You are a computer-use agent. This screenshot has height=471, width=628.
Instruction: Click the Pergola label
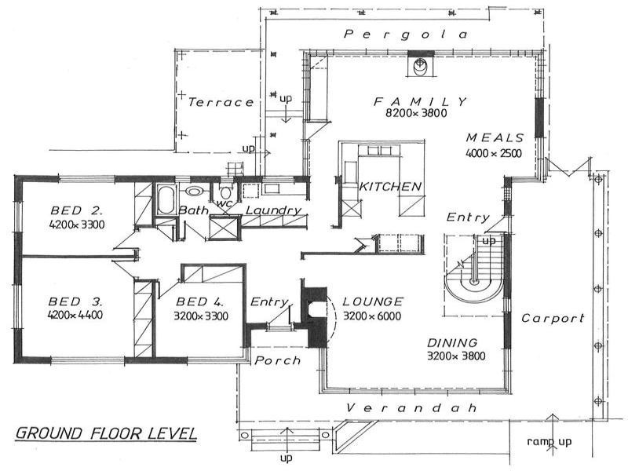(406, 35)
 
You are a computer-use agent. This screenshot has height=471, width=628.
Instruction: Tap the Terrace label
(221, 103)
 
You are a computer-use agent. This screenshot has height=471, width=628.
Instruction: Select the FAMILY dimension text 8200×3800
(416, 113)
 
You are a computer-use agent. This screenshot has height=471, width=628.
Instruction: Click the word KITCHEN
(390, 187)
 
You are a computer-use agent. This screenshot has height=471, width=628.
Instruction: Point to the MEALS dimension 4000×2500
(494, 153)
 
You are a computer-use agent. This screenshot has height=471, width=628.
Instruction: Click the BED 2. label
(77, 210)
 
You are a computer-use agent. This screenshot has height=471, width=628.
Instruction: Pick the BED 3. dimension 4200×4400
(75, 315)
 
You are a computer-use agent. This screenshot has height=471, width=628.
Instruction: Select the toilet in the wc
(226, 193)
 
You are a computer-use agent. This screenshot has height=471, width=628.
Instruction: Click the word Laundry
(273, 210)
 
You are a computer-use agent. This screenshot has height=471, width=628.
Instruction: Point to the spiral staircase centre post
(475, 282)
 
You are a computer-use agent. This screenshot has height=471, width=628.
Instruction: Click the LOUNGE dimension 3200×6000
(372, 316)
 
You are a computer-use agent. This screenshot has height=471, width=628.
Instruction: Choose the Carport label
(553, 319)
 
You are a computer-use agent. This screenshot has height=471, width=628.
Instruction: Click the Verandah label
(411, 408)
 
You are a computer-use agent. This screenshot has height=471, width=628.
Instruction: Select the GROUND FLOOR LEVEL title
(106, 433)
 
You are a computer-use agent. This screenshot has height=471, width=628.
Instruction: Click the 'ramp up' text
(549, 442)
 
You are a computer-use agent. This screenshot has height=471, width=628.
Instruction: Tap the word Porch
(278, 361)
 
